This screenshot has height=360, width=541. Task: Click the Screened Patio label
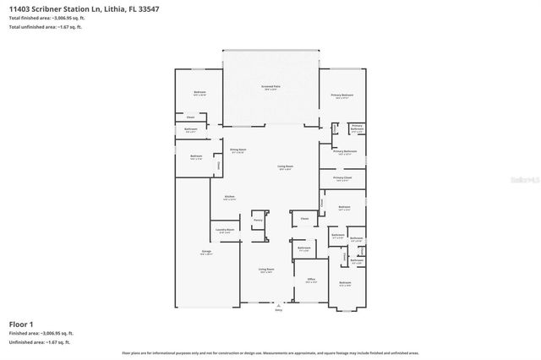click(270, 88)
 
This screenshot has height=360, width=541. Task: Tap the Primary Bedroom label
click(341, 95)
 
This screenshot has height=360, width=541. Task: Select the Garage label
click(194, 252)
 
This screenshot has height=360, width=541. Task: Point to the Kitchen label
click(229, 198)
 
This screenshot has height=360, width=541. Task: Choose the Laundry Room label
click(224, 231)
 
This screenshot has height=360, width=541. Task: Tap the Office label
click(311, 280)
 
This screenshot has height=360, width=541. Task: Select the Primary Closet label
click(342, 178)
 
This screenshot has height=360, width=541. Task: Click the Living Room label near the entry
click(265, 270)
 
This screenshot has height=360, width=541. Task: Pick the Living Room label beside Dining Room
click(286, 167)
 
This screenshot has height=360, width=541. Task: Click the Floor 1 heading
click(21, 325)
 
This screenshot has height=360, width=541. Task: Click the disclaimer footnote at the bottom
click(270, 352)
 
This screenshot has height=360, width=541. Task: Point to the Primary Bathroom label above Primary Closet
click(345, 153)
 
